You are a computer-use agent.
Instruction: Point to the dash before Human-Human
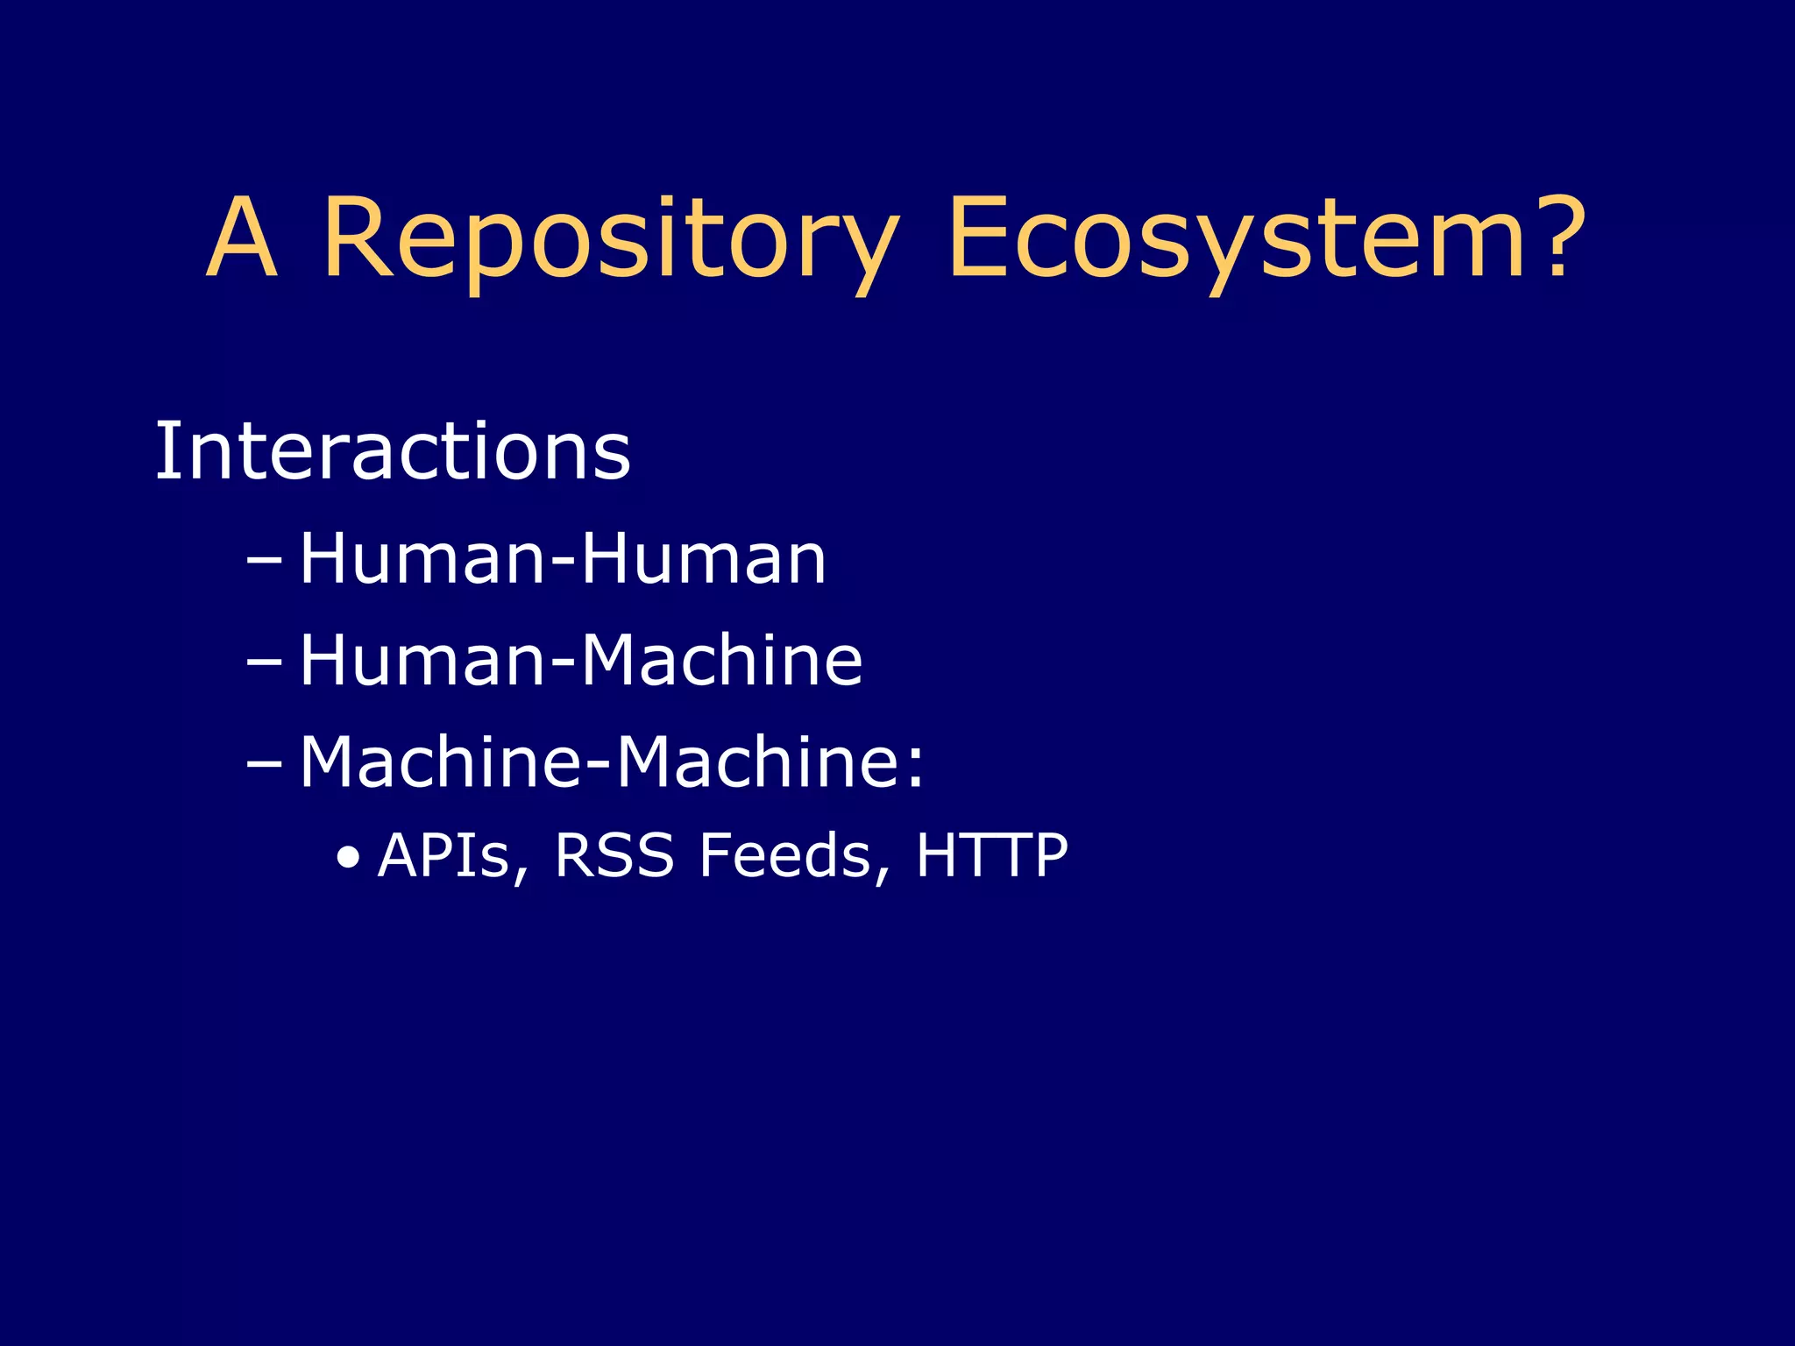point(264,560)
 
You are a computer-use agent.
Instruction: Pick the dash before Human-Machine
point(264,662)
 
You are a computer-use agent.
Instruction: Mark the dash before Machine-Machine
point(264,763)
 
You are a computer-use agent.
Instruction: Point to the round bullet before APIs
point(349,858)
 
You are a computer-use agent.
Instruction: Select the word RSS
point(614,855)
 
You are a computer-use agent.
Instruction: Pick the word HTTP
point(991,855)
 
